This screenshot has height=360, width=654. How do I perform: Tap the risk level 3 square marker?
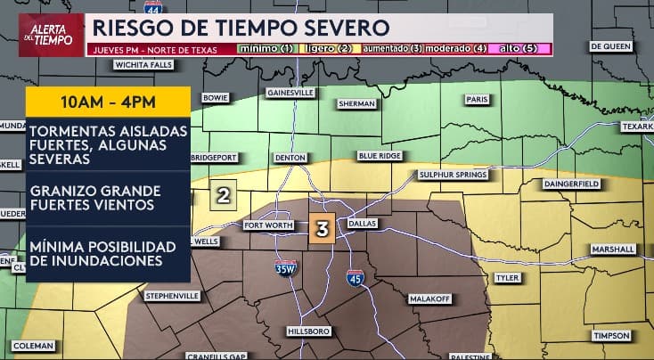[323, 229]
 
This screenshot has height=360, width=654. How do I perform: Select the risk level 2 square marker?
[224, 195]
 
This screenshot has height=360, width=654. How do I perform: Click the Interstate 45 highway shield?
[355, 279]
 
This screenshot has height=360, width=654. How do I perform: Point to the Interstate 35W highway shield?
[285, 266]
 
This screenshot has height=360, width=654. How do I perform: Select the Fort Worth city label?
[268, 225]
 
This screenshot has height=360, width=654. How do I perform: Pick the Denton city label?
[290, 157]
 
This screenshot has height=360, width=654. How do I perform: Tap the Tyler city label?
[507, 277]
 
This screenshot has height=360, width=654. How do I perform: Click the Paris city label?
[478, 100]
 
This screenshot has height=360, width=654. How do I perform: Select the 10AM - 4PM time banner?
[108, 100]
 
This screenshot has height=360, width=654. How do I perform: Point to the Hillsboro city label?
[308, 331]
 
